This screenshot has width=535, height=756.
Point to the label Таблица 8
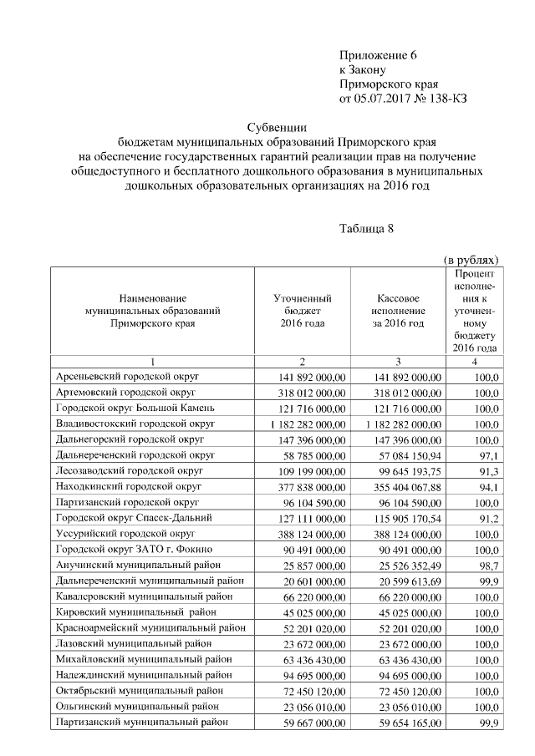click(x=366, y=228)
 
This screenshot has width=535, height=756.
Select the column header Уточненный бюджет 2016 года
click(x=303, y=310)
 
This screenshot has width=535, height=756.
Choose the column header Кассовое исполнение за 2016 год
click(x=398, y=310)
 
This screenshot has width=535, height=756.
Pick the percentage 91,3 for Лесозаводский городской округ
click(x=488, y=472)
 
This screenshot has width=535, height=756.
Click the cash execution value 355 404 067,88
click(x=403, y=487)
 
